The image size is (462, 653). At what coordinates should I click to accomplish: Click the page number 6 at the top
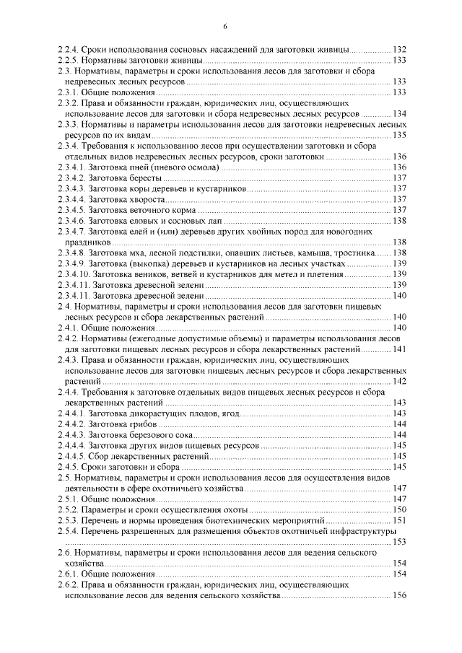[x=225, y=27]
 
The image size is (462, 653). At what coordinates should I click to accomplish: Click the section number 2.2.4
[x=69, y=49]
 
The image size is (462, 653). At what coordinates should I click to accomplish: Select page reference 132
[x=399, y=49]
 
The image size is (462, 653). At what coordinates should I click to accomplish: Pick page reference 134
[x=399, y=114]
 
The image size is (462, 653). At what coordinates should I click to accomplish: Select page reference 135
[x=399, y=135]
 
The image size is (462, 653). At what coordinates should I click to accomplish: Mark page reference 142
[x=399, y=381]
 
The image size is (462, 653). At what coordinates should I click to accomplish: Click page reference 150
[x=399, y=510]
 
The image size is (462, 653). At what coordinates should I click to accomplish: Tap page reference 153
[x=399, y=542]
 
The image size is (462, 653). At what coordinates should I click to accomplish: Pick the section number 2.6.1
[x=69, y=574]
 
